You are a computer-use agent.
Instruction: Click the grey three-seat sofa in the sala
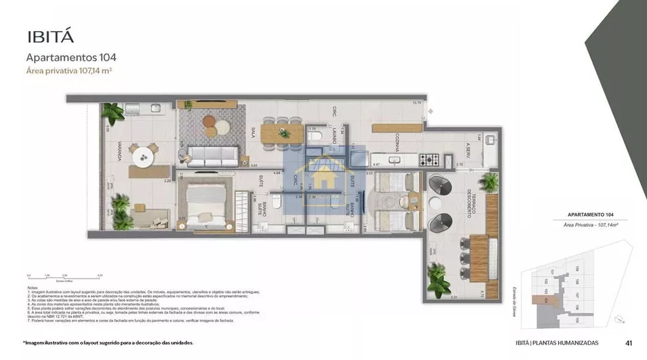(211, 155)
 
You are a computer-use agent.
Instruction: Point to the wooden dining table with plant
(282, 132)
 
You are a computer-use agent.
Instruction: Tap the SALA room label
(252, 133)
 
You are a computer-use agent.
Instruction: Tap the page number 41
(628, 343)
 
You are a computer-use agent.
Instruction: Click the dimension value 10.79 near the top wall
(417, 102)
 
